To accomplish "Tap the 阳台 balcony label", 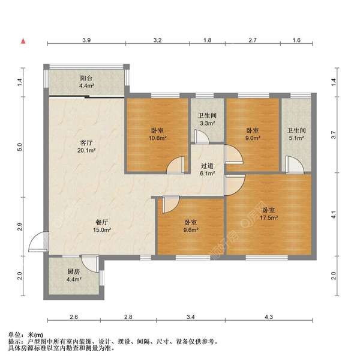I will click(86, 77).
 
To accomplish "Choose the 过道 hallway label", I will click(207, 164).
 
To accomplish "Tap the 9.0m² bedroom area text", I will click(253, 138).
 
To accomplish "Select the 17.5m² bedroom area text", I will click(268, 219).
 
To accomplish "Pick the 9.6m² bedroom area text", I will click(191, 229).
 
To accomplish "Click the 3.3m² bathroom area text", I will click(207, 124).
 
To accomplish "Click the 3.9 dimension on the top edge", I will click(86, 40).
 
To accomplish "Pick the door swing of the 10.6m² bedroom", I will click(176, 165).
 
